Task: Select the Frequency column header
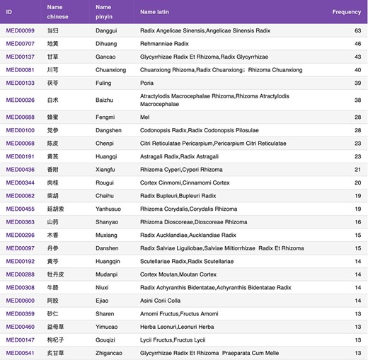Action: point(347,12)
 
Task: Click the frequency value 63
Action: point(357,30)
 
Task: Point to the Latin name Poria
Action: point(147,83)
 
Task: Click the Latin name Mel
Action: point(144,117)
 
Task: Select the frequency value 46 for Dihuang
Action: point(357,44)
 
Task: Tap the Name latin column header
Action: point(157,12)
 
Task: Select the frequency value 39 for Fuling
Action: point(357,83)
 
